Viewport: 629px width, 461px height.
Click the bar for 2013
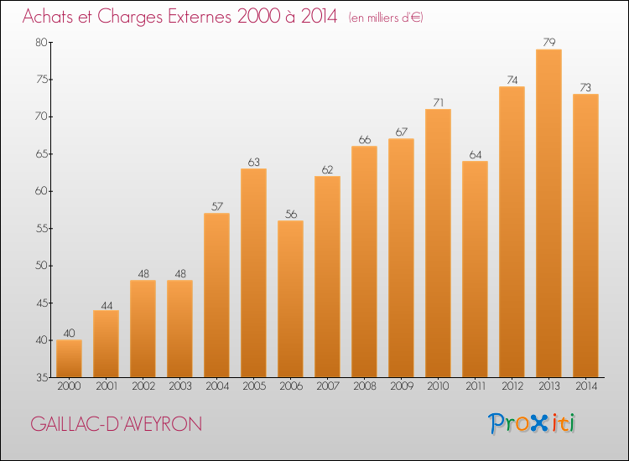[x=548, y=213]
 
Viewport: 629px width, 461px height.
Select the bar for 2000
[x=69, y=359]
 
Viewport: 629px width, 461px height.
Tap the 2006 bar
[x=290, y=298]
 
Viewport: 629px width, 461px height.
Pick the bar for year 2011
[x=475, y=269]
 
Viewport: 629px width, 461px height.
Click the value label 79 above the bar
[x=548, y=42]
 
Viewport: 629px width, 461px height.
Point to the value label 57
[x=216, y=206]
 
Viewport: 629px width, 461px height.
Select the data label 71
[x=438, y=102]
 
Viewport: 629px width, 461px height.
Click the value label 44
[x=107, y=305]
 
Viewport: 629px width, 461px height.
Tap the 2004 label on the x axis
[x=217, y=386]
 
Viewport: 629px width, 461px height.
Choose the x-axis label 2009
[x=402, y=386]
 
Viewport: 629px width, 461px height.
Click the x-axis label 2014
[x=586, y=386]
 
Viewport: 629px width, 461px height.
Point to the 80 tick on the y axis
[x=41, y=42]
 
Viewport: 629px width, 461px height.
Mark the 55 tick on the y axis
[x=41, y=229]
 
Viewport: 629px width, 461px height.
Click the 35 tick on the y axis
[x=42, y=377]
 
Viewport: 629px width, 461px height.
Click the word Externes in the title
[x=200, y=16]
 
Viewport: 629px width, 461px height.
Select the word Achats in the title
[x=48, y=16]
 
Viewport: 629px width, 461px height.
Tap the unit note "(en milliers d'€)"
[x=386, y=18]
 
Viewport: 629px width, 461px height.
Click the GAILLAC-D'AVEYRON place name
[x=116, y=424]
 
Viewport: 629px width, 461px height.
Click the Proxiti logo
[x=532, y=423]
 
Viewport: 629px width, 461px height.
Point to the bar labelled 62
[x=327, y=277]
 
